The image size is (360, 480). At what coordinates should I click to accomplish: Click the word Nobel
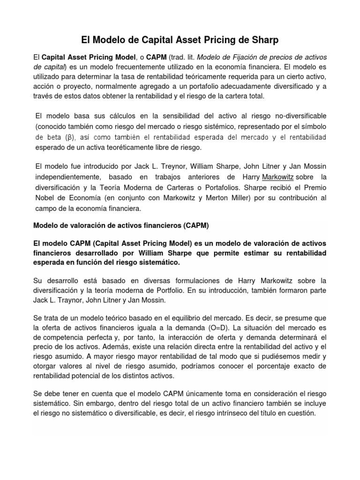coord(46,198)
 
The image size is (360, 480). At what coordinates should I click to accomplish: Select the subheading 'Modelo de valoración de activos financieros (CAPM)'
coord(121,225)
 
